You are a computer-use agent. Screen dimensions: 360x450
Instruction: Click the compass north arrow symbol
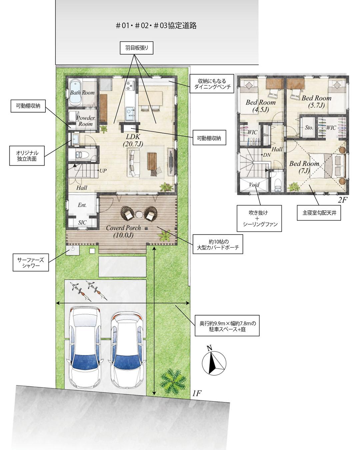pos(214,363)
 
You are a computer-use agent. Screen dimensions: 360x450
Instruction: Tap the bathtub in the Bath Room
pos(75,93)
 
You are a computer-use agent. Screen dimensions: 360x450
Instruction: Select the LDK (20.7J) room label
pos(133,140)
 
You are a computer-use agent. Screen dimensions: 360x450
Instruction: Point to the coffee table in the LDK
pos(152,161)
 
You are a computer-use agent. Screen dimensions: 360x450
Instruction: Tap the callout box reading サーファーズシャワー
pos(31,263)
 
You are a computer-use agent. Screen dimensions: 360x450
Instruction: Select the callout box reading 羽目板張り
pos(136,48)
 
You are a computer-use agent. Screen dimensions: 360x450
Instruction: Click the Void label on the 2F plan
pos(254,185)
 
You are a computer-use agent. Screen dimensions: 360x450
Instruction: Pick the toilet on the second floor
pos(278,182)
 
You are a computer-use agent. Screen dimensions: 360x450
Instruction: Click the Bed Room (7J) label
pos(304,167)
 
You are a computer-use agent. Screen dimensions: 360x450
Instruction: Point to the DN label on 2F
pos(267,155)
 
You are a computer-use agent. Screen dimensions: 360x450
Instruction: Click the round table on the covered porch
pos(139,214)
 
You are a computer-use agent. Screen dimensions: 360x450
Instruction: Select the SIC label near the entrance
pos(82,222)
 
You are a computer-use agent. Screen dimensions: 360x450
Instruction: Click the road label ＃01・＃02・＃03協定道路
pos(156,26)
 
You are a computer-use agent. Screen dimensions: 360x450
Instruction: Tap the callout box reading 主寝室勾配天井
pos(319,213)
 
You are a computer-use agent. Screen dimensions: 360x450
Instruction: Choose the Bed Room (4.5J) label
pos(260,106)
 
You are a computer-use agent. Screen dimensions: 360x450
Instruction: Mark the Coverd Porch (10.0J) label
pos(123,231)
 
